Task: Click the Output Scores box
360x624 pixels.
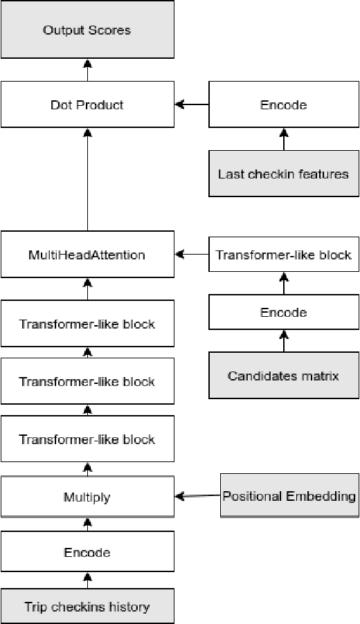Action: (87, 30)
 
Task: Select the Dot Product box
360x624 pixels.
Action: (87, 105)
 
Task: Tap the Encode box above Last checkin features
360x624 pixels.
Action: (283, 105)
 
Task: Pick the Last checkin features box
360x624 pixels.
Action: (283, 174)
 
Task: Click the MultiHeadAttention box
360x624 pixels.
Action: (87, 255)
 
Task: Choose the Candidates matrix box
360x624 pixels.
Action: (283, 376)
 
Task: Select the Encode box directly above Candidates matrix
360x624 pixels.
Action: (283, 313)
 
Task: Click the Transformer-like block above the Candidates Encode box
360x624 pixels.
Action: (283, 255)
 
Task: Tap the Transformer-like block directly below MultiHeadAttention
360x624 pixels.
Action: (87, 324)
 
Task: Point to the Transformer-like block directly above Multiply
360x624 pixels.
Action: (87, 439)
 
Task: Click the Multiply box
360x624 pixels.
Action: (87, 497)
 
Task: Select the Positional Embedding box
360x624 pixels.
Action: (289, 496)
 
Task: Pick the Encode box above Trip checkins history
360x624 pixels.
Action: (87, 553)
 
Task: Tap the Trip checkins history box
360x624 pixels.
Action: (87, 607)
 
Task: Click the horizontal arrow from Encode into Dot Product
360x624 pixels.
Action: (192, 105)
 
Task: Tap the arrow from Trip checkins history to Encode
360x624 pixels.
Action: (87, 581)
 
